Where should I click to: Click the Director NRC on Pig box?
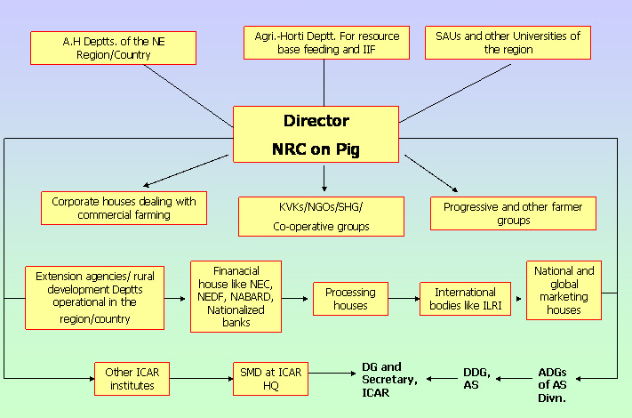[x=316, y=133]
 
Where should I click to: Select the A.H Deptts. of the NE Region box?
[x=113, y=48]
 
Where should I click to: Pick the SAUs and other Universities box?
[x=508, y=43]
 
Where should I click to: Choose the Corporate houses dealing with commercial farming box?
[x=124, y=208]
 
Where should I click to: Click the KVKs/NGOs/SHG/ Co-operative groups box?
[x=321, y=216]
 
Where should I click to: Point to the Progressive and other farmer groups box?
[x=513, y=213]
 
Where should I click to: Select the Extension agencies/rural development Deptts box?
[x=93, y=297]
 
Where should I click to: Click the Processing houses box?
[x=350, y=299]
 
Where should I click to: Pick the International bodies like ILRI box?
[x=465, y=299]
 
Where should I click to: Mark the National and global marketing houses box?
[x=564, y=290]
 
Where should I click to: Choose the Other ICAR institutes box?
[x=132, y=379]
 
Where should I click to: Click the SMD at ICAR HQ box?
[x=270, y=379]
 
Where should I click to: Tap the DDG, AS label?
[x=476, y=379]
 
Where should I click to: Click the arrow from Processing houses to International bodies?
[x=404, y=299]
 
